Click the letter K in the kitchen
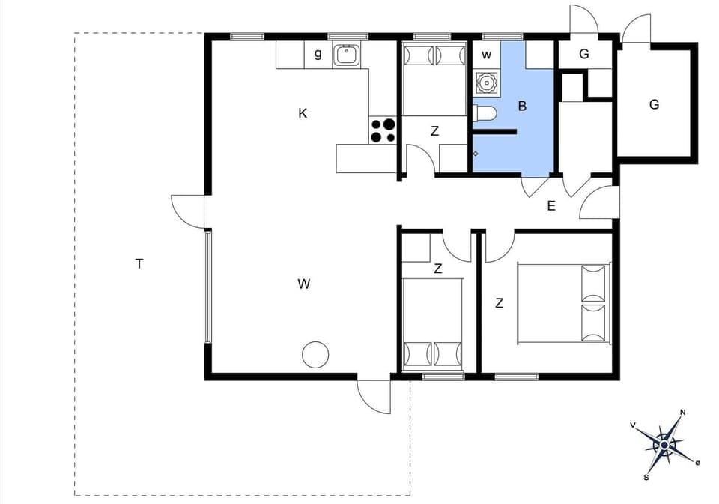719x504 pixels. (303, 114)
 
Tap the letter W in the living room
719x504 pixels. (303, 283)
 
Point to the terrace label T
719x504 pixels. (139, 263)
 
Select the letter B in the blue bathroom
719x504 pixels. (522, 106)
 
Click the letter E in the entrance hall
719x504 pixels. (551, 206)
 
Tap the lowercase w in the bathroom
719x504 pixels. (486, 55)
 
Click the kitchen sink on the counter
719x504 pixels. (347, 55)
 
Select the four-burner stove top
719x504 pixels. (383, 130)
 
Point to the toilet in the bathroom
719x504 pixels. (485, 114)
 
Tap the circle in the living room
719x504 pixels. (315, 354)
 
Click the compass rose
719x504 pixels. (664, 444)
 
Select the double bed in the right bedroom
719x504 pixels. (563, 303)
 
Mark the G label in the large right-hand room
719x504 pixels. (654, 105)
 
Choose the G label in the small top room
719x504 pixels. (584, 55)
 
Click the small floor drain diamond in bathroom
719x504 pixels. (476, 154)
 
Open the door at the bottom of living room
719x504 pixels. (374, 394)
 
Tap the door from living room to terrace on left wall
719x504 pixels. (187, 211)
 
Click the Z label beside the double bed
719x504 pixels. (499, 304)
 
